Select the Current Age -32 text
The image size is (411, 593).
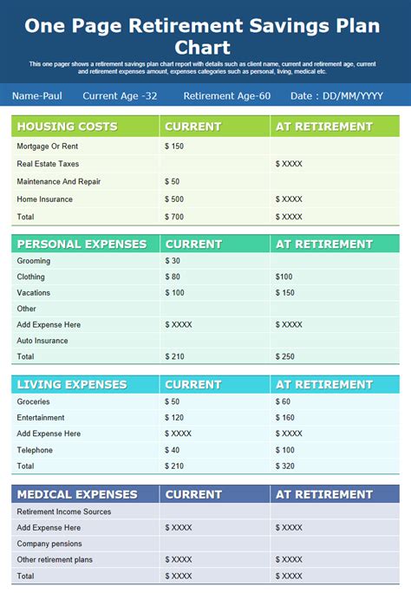[x=120, y=95]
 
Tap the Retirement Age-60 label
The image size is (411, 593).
[x=227, y=95]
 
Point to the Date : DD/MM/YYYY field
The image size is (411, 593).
[x=337, y=95]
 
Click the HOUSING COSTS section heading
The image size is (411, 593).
[x=67, y=127]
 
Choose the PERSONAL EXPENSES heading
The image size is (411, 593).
[x=82, y=244]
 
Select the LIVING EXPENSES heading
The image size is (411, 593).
[x=72, y=385]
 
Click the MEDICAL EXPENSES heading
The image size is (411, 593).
[x=77, y=494]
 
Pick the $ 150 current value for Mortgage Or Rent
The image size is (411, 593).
[x=174, y=147]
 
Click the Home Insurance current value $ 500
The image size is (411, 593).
[x=174, y=199]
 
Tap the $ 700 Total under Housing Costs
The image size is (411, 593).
[x=174, y=217]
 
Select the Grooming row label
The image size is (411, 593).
[x=34, y=261]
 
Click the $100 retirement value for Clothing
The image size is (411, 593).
[x=284, y=277]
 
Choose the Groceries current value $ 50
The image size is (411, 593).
[x=173, y=402]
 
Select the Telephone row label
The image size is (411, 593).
[x=35, y=450]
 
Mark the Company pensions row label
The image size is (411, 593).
[x=49, y=544]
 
